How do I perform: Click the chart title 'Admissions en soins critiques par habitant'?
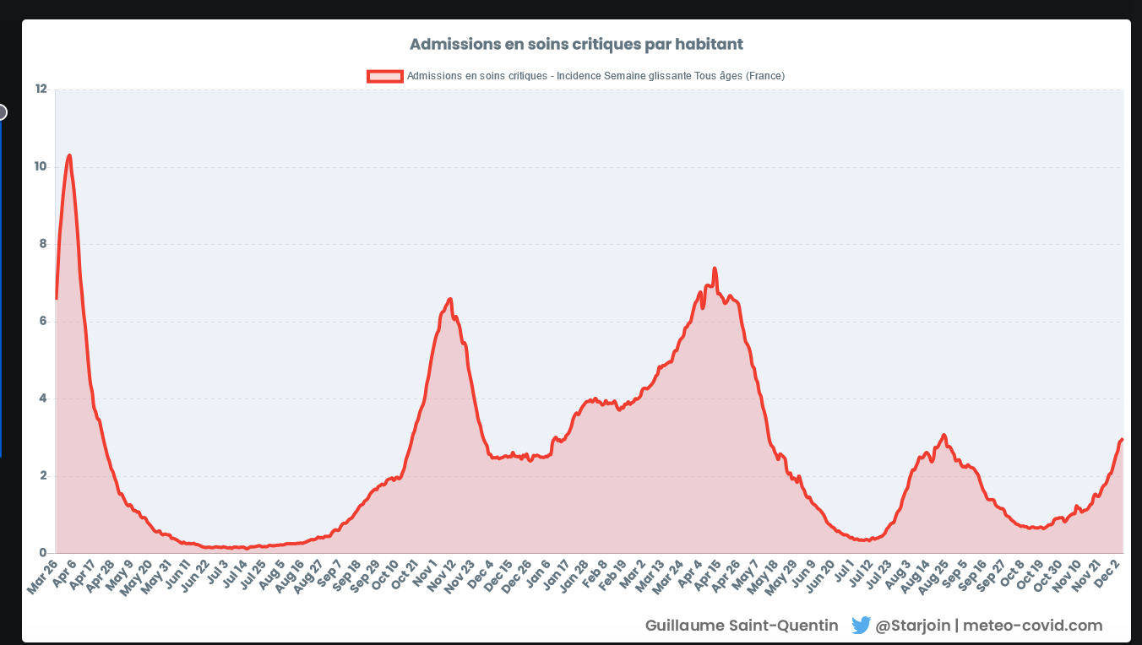pos(576,43)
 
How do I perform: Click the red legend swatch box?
pos(385,76)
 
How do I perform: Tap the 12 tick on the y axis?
pos(41,89)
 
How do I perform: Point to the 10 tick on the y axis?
pos(41,166)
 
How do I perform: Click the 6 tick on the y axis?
pos(42,322)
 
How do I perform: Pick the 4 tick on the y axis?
pos(42,398)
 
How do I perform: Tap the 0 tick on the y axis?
pos(42,554)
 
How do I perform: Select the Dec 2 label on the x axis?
pos(1109,574)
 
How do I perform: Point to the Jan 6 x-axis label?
pos(539,574)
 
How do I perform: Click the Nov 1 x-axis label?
pos(424,574)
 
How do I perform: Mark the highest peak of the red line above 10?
pos(69,155)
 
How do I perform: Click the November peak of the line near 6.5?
pos(449,299)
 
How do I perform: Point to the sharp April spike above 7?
pos(715,268)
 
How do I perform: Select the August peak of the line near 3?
pos(944,435)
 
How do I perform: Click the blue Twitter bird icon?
pos(861,626)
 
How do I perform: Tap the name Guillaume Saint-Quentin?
pos(742,626)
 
